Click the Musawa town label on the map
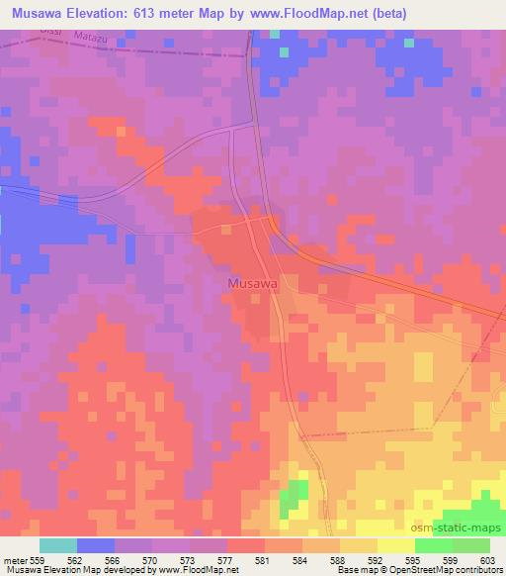(251, 283)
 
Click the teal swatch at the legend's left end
(58, 545)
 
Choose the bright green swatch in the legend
(433, 545)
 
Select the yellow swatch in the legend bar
(395, 545)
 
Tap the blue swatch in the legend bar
(96, 545)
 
